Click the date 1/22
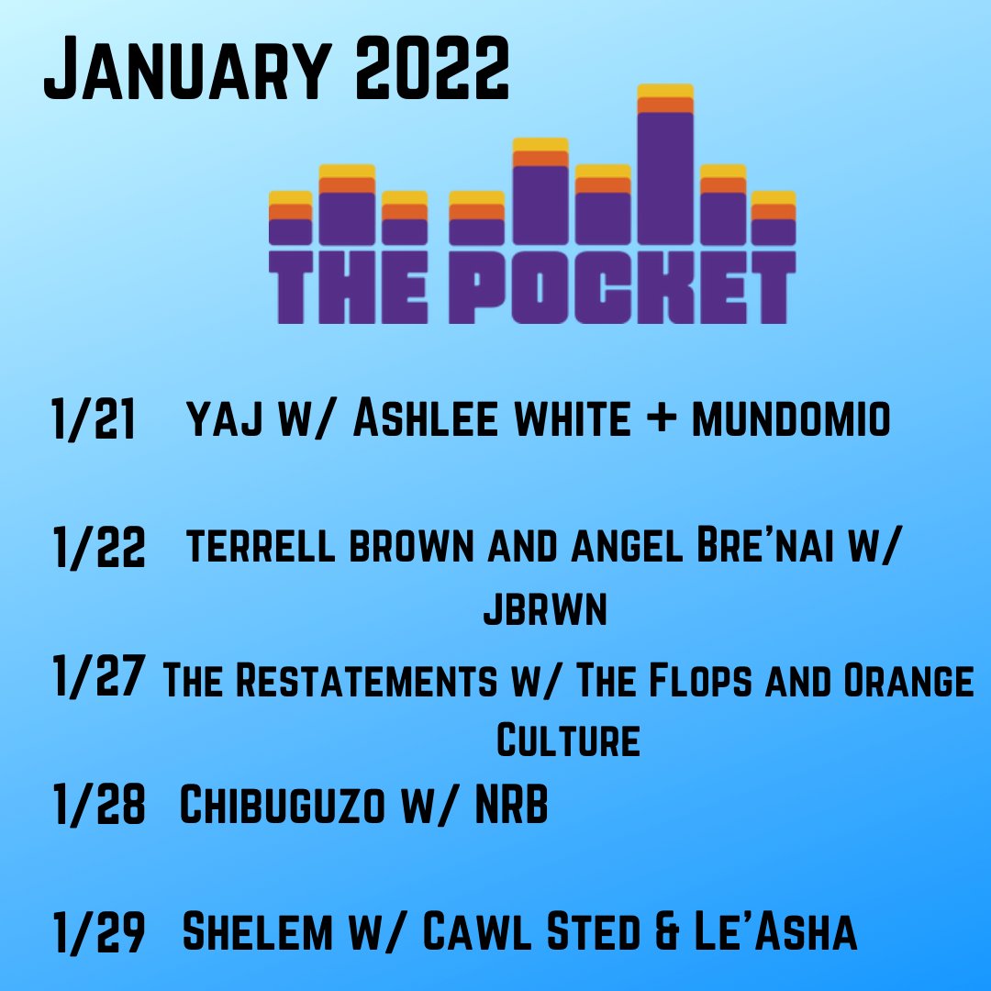[99, 549]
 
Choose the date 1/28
[99, 806]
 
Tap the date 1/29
[99, 932]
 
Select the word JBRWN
[545, 611]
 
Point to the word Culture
[568, 740]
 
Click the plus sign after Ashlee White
[660, 422]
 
